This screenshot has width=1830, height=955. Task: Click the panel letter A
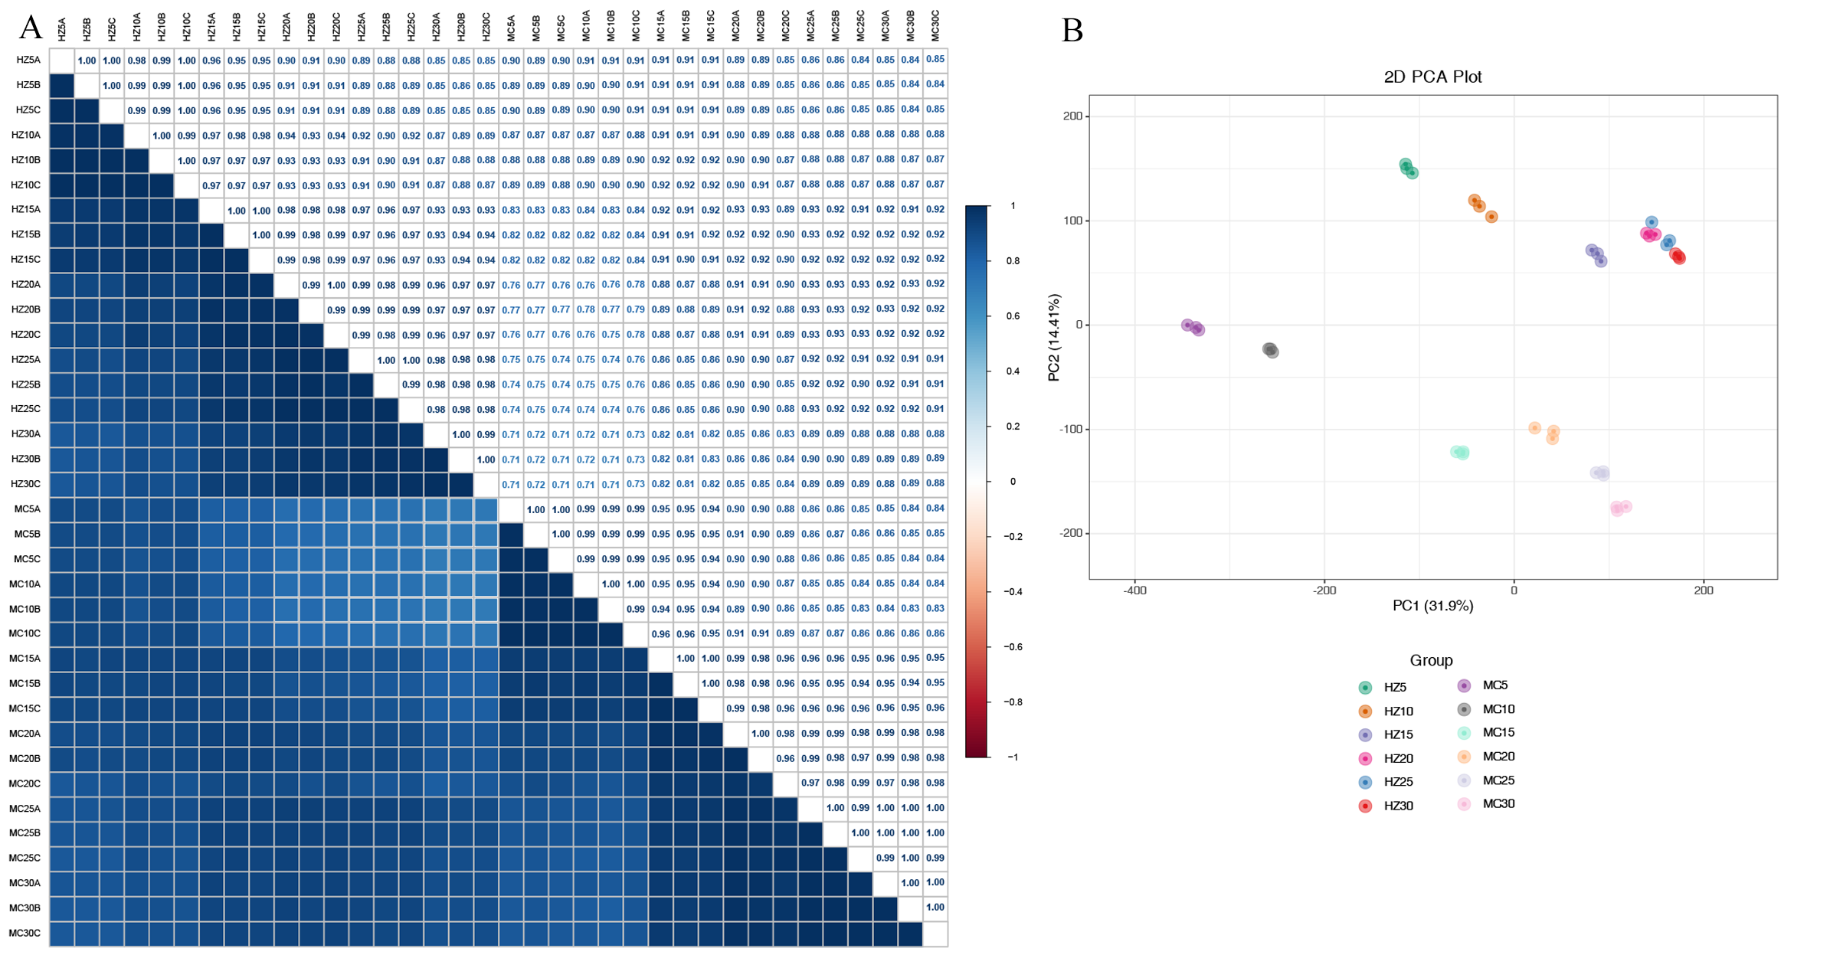[x=30, y=28]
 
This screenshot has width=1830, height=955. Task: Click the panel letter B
[x=1072, y=31]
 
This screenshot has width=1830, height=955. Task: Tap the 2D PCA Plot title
[x=1432, y=77]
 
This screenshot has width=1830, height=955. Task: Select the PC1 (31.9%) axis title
[x=1432, y=606]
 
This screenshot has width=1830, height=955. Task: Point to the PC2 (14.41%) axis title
[x=1054, y=337]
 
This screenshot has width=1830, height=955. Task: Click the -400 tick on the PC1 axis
[x=1134, y=590]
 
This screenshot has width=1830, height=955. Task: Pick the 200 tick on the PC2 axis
[x=1072, y=116]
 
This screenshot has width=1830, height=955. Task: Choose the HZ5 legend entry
[x=1394, y=688]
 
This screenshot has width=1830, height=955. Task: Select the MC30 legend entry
[x=1498, y=803]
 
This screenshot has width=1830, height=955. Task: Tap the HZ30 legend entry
[x=1397, y=806]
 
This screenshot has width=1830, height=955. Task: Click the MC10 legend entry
[x=1498, y=709]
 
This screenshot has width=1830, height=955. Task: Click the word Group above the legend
[x=1431, y=660]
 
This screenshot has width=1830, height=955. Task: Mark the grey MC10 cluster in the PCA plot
[x=1270, y=350]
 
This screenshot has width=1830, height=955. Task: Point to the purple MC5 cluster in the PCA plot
[x=1193, y=327]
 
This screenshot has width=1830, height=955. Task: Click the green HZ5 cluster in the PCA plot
[x=1408, y=168]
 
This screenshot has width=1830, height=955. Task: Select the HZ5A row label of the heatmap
[x=28, y=60]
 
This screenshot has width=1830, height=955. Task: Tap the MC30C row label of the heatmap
[x=25, y=933]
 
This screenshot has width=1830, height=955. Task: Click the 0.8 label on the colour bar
[x=1013, y=261]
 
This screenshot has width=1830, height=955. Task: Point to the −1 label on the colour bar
[x=1013, y=757]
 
